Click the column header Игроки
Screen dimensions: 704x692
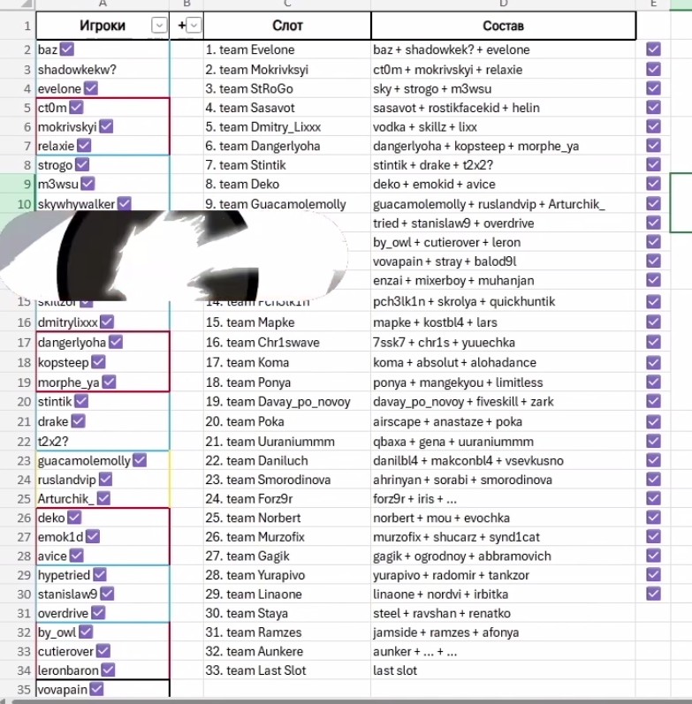[102, 26]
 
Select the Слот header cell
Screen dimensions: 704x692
[287, 26]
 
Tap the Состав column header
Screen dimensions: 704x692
[503, 26]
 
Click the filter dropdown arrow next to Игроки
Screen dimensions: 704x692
[159, 26]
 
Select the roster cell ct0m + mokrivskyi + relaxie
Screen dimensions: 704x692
[448, 70]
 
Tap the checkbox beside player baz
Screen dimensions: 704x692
[68, 50]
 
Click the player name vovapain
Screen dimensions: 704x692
[63, 690]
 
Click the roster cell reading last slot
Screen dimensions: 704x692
[395, 670]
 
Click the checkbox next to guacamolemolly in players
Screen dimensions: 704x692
[139, 460]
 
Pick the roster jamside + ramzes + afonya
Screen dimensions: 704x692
[446, 632]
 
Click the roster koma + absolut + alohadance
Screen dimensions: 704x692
[454, 362]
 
